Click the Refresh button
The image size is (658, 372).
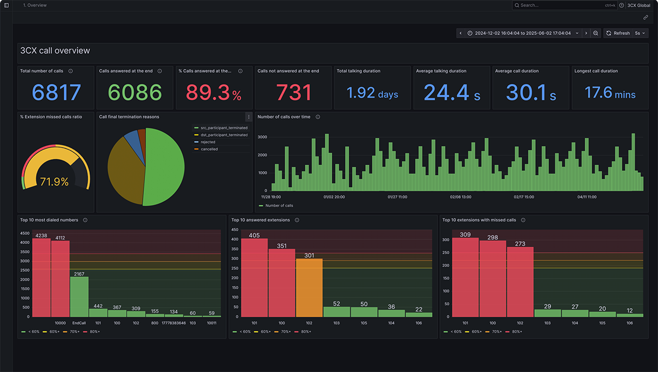[x=617, y=33]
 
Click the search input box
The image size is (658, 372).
[x=564, y=5]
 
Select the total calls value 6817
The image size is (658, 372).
[x=56, y=93]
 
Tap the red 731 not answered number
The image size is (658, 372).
[x=293, y=93]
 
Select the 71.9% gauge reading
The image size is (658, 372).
[x=54, y=182]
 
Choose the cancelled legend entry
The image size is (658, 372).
[x=209, y=149]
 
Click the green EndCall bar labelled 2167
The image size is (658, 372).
[x=79, y=296]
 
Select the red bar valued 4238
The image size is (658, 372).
[x=41, y=276]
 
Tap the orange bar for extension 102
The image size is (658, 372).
[x=309, y=287]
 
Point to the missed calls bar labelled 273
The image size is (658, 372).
[x=520, y=282]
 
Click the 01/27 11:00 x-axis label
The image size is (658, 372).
[x=397, y=197]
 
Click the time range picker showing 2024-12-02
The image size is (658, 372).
[x=522, y=33]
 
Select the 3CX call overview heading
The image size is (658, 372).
[x=55, y=51]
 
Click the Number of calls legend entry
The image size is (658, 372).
[x=278, y=206]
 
